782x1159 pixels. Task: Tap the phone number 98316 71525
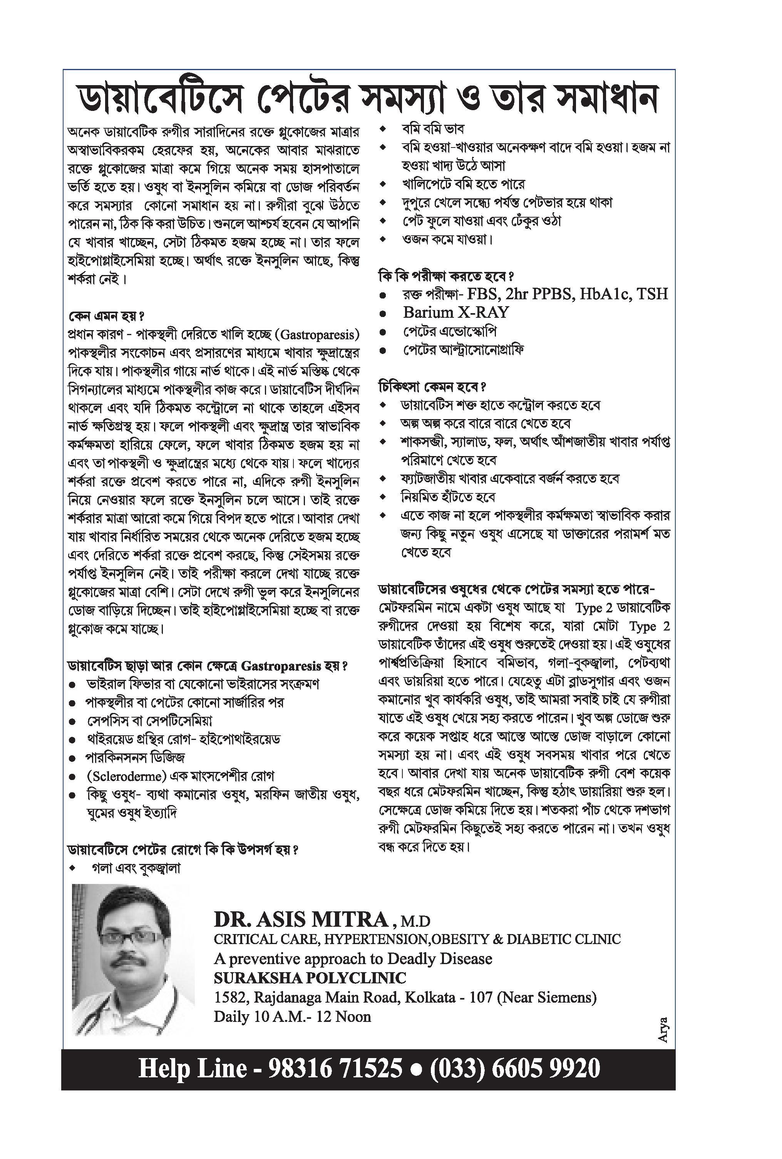(335, 1068)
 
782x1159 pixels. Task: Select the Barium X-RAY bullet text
(455, 313)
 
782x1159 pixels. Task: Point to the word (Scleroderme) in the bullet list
(126, 777)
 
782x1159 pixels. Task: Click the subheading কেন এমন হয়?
(105, 317)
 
